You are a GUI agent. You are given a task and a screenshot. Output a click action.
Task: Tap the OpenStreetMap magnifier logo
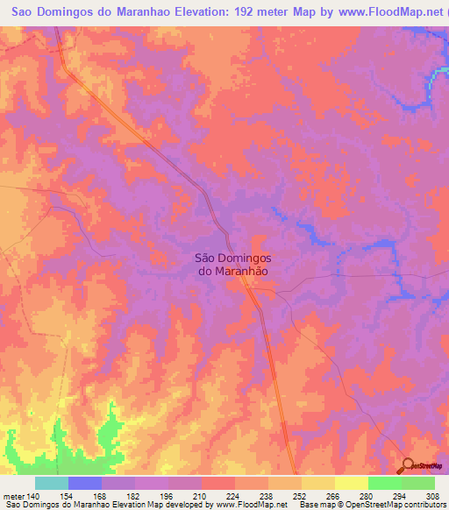tap(408, 465)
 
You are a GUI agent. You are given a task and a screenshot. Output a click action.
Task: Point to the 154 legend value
tap(68, 496)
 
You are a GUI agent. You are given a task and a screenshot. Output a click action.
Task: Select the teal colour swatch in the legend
tap(52, 483)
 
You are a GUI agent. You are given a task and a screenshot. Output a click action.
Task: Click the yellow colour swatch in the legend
tap(352, 483)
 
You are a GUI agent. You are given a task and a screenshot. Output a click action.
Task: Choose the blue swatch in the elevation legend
tap(85, 483)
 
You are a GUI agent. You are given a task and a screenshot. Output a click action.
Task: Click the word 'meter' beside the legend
tap(11, 496)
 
